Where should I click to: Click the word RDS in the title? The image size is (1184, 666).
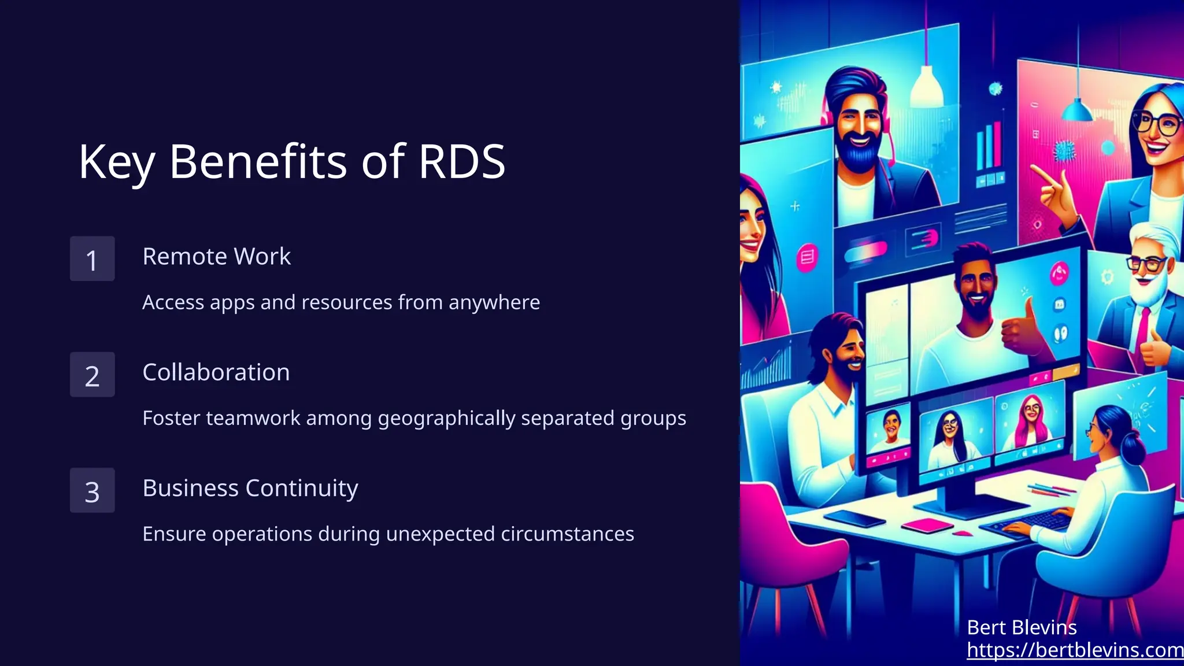coord(461,162)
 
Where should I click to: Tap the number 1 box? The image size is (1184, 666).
coord(92,259)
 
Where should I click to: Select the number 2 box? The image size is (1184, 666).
coord(92,375)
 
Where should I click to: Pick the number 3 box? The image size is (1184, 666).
coord(92,490)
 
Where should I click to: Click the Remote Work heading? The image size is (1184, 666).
coord(216,257)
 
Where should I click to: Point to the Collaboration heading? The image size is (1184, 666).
coord(216,372)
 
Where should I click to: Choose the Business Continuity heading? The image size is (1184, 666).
coord(250,489)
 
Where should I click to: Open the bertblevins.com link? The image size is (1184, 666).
coord(1075,650)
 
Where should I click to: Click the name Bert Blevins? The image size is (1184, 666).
coord(1022,627)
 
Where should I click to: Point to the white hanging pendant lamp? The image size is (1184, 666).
coord(927,87)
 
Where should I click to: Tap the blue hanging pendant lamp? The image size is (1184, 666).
coord(1076,109)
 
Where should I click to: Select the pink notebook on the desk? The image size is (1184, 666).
coord(927,525)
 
